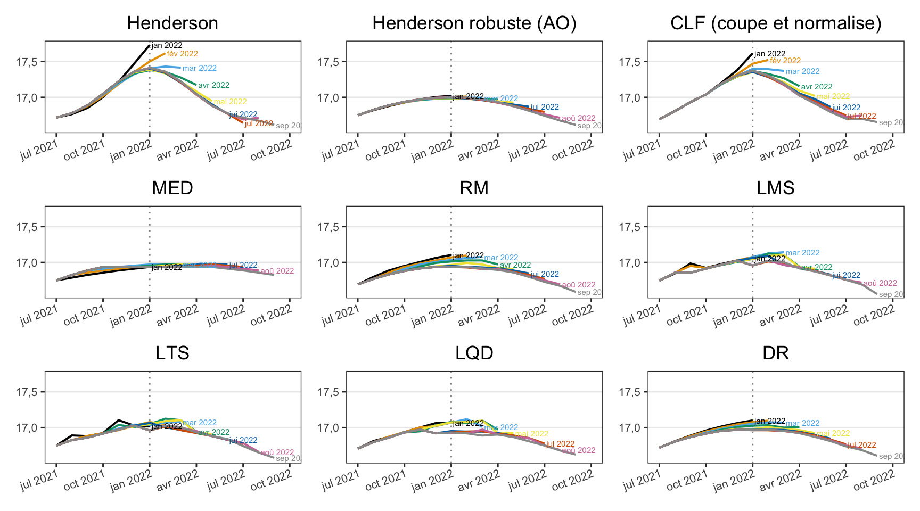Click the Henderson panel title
pos(172,23)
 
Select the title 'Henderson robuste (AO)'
pos(474,23)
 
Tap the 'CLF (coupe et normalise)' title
pos(775,23)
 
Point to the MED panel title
pos(172,188)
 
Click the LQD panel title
pos(474,353)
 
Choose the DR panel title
pos(775,353)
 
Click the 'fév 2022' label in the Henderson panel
pos(182,54)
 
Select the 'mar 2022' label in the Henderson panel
pos(200,68)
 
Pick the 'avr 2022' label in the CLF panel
pos(817,87)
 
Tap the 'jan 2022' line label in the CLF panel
pos(770,54)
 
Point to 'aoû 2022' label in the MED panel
pos(277,271)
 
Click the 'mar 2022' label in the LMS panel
pos(802,253)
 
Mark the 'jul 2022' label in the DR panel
pos(861,445)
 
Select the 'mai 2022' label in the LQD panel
pos(531,434)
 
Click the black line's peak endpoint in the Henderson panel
pos(150,45)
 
